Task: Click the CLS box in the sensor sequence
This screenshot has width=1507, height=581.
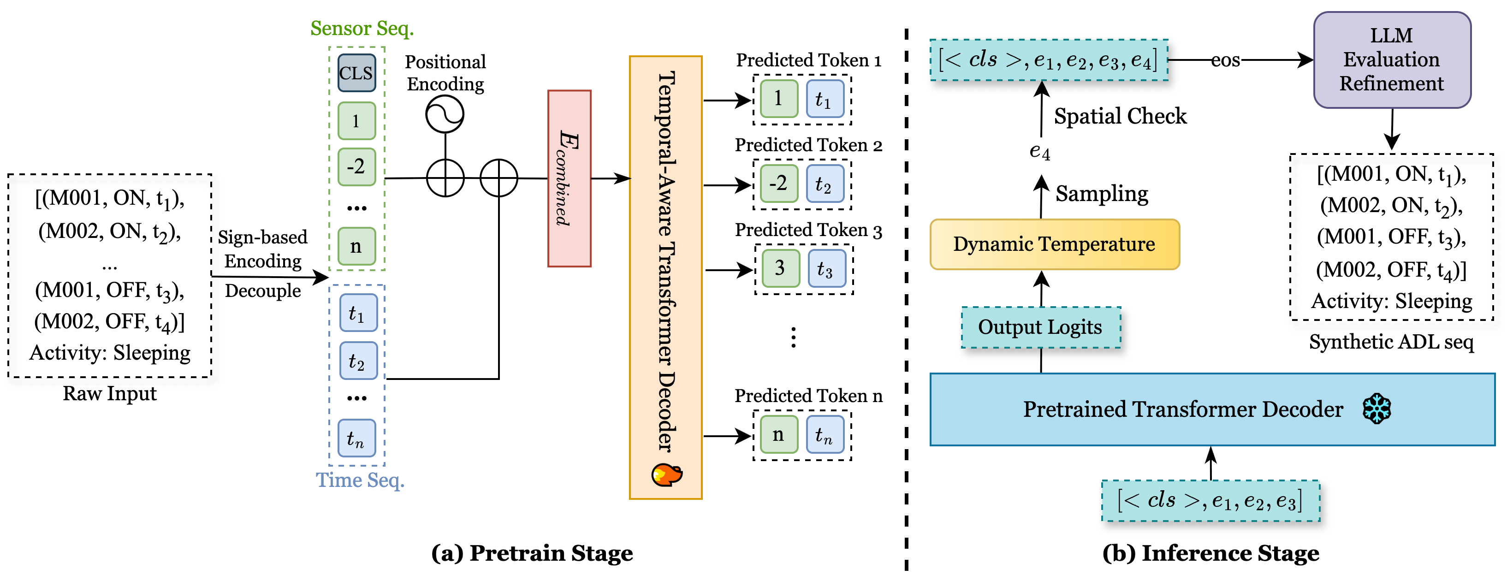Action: coord(356,73)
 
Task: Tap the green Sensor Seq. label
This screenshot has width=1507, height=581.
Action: coord(362,28)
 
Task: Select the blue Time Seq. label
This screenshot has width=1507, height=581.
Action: coord(360,480)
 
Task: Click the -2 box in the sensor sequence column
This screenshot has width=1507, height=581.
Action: coord(356,167)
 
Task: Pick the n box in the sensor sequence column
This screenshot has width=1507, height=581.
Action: coord(356,246)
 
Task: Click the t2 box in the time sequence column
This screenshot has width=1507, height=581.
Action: coord(358,361)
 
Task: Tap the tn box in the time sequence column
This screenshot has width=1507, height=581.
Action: coord(356,438)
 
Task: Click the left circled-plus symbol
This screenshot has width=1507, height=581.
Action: coord(445,178)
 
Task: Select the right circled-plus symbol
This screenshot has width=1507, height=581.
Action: coord(498,178)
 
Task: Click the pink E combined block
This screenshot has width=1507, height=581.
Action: coord(569,178)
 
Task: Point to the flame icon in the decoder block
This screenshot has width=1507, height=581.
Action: coord(666,474)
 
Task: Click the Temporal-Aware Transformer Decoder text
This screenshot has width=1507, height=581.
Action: coord(666,261)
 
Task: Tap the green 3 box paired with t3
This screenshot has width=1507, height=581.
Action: coord(780,268)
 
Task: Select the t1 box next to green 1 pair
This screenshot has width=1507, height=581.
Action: coord(825,99)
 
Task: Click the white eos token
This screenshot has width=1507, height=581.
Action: coord(1226,59)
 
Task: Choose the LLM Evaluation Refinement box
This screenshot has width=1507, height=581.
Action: coord(1392,59)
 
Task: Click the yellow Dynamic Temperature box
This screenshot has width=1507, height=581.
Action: coord(1054,244)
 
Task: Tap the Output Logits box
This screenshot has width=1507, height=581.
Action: coord(1041,327)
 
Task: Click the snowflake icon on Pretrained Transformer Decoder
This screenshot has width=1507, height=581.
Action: coord(1376,409)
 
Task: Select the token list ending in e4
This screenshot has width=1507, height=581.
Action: coord(1048,59)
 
